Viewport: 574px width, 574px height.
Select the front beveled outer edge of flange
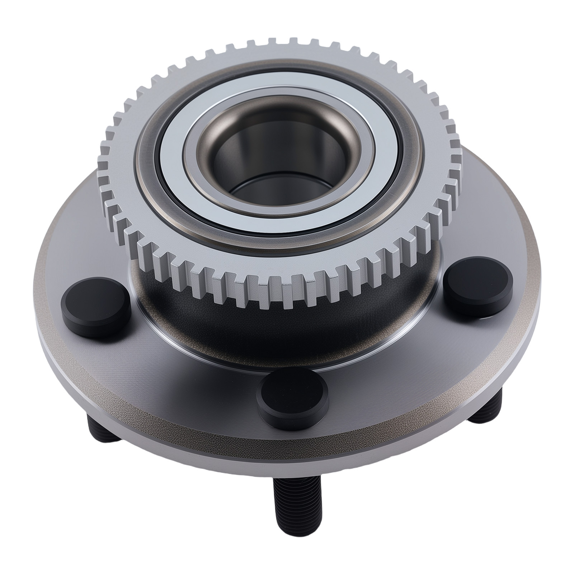[x=287, y=463]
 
